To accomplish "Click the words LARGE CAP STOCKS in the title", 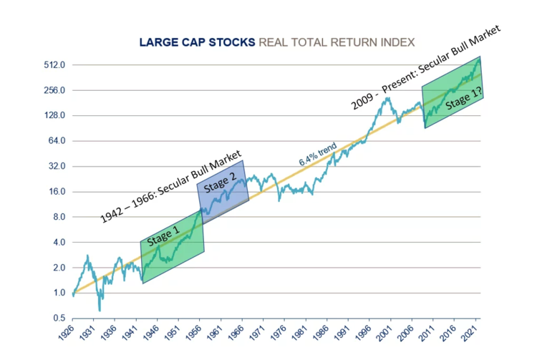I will click(197, 42).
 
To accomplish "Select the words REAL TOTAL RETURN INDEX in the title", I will click(337, 42).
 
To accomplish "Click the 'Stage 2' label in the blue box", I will click(216, 183).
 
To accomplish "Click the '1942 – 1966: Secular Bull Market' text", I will click(172, 188).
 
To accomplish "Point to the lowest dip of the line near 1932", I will click(100, 309).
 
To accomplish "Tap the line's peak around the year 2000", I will click(387, 98).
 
